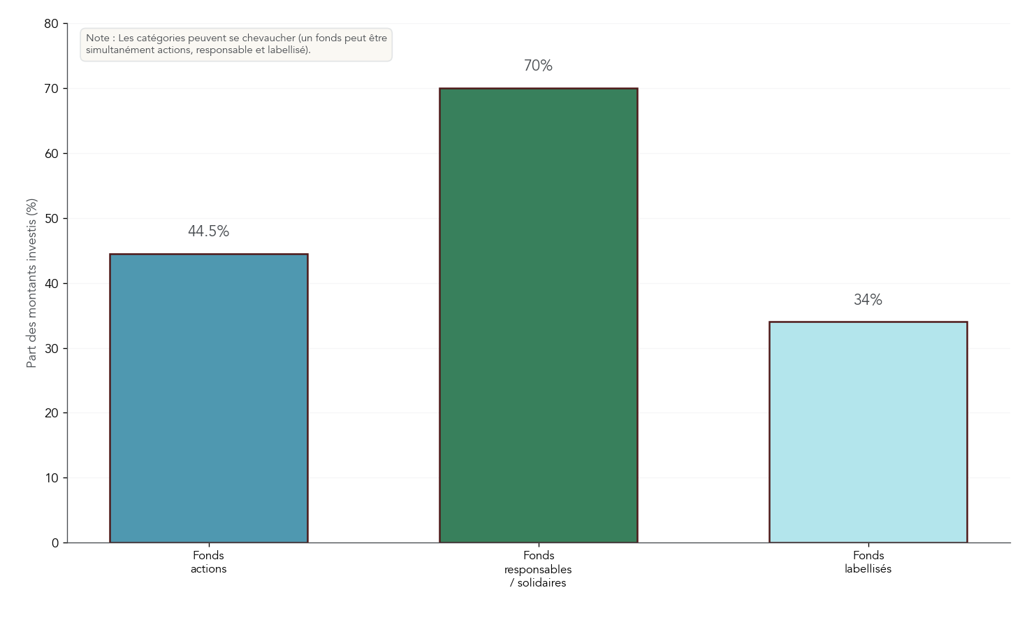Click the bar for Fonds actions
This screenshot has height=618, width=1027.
click(x=208, y=398)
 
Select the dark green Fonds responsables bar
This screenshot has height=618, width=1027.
click(x=538, y=315)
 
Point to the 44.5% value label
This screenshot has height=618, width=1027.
click(x=208, y=231)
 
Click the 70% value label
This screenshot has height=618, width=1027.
click(x=538, y=66)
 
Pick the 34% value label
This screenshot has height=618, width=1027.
click(x=868, y=300)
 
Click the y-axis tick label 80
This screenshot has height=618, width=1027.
click(x=52, y=24)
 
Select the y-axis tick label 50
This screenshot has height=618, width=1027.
click(x=52, y=219)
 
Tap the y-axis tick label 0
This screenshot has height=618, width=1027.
click(x=55, y=543)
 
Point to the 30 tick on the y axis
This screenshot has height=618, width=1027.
click(x=52, y=349)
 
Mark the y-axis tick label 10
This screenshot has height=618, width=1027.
click(x=52, y=478)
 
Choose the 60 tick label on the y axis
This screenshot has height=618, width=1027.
click(x=52, y=154)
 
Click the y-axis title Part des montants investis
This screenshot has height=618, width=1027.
click(x=31, y=283)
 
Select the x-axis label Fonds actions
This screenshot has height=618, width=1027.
click(x=208, y=562)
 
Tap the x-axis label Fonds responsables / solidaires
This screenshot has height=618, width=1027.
click(x=538, y=569)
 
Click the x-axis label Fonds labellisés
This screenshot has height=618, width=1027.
click(x=868, y=562)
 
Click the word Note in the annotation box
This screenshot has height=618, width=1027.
click(x=97, y=38)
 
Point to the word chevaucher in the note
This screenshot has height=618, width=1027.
click(x=269, y=38)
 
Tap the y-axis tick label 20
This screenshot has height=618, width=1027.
click(x=52, y=413)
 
